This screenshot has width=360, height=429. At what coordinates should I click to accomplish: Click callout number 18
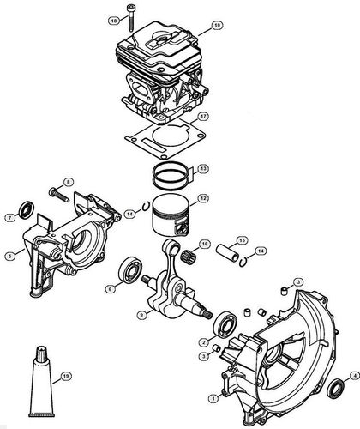(136, 19)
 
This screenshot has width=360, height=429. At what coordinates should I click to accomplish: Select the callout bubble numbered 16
(218, 27)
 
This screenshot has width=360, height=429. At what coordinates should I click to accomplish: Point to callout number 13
(201, 170)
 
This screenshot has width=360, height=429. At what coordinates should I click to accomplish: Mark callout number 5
(9, 253)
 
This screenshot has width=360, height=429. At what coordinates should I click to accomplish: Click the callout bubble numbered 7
(9, 218)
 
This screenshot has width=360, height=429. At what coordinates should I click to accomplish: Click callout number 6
(111, 289)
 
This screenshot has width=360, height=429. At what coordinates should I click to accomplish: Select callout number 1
(201, 397)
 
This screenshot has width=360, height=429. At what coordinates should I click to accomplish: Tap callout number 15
(243, 240)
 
